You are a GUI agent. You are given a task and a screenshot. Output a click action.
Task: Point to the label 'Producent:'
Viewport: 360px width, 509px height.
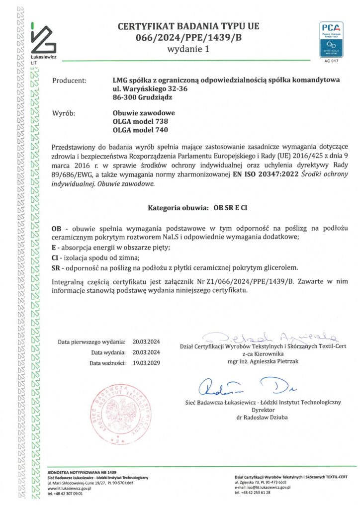click(x=69, y=80)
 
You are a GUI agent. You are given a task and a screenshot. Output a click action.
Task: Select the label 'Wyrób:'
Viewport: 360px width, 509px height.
click(x=63, y=113)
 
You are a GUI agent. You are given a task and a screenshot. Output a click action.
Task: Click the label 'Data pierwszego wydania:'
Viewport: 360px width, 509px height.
click(x=91, y=342)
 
